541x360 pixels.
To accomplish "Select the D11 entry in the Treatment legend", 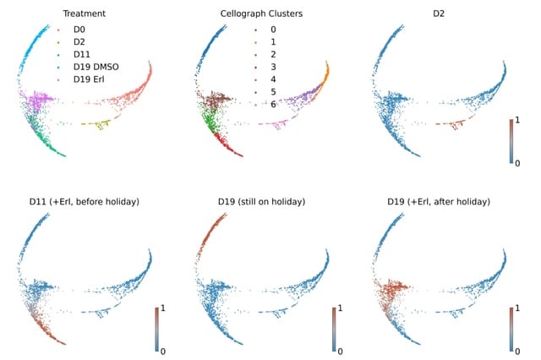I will point(84,54).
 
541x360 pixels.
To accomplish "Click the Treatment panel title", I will point(84,14).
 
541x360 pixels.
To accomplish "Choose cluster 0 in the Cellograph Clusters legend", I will point(272,28).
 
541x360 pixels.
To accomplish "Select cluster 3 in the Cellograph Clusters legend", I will point(272,67).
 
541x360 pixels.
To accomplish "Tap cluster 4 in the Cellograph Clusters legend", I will point(272,79).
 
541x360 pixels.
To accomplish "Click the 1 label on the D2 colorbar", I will point(522,120).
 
